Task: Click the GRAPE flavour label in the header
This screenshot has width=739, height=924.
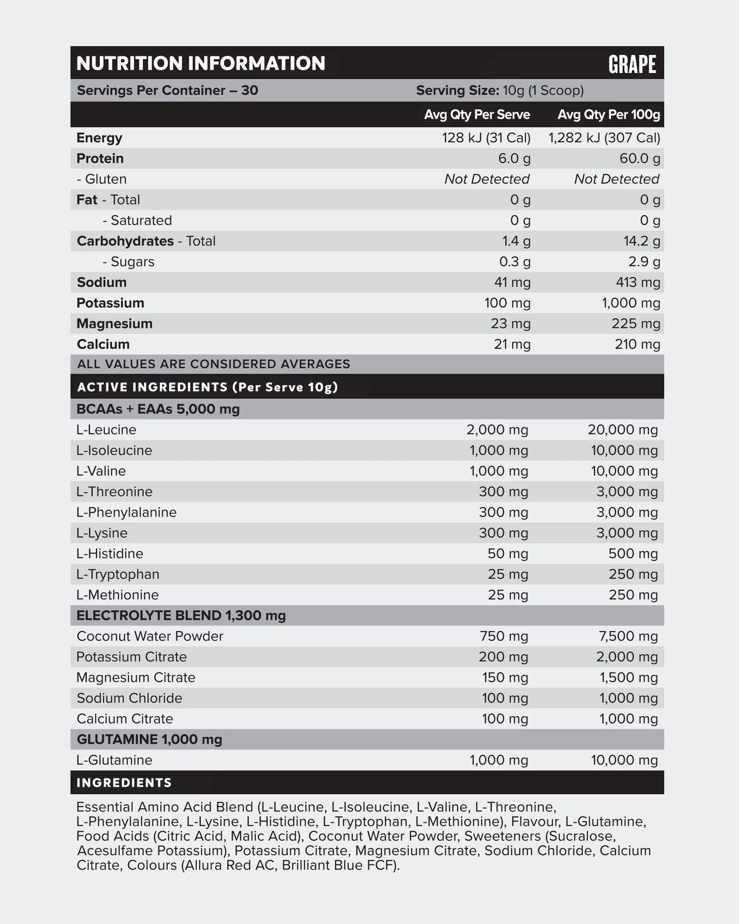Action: [x=632, y=64]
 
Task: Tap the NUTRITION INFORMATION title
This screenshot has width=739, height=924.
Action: [x=201, y=63]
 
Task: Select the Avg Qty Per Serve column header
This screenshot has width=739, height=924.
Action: [x=477, y=115]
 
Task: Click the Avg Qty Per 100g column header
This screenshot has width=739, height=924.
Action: [x=608, y=115]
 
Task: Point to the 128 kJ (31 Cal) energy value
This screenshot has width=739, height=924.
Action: [x=486, y=138]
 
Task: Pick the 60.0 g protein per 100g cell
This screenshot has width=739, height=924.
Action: [x=639, y=158]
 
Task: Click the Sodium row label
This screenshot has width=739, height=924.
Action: [x=102, y=282]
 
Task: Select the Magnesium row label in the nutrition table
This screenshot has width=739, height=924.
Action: [x=114, y=323]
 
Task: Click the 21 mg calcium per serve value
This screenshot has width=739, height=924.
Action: [x=512, y=344]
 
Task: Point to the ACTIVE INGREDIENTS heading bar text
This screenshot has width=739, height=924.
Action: [x=207, y=387]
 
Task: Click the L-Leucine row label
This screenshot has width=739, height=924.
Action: [x=106, y=430]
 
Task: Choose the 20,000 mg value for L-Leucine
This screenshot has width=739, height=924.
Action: [x=622, y=430]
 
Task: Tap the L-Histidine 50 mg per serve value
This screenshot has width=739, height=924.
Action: [x=508, y=553]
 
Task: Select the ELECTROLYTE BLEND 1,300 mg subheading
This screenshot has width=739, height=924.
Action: [x=181, y=615]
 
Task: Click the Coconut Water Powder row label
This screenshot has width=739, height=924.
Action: [x=150, y=636]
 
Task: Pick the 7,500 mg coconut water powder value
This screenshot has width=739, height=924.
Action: [x=628, y=636]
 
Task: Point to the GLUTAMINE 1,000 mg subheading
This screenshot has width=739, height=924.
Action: [x=149, y=739]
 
